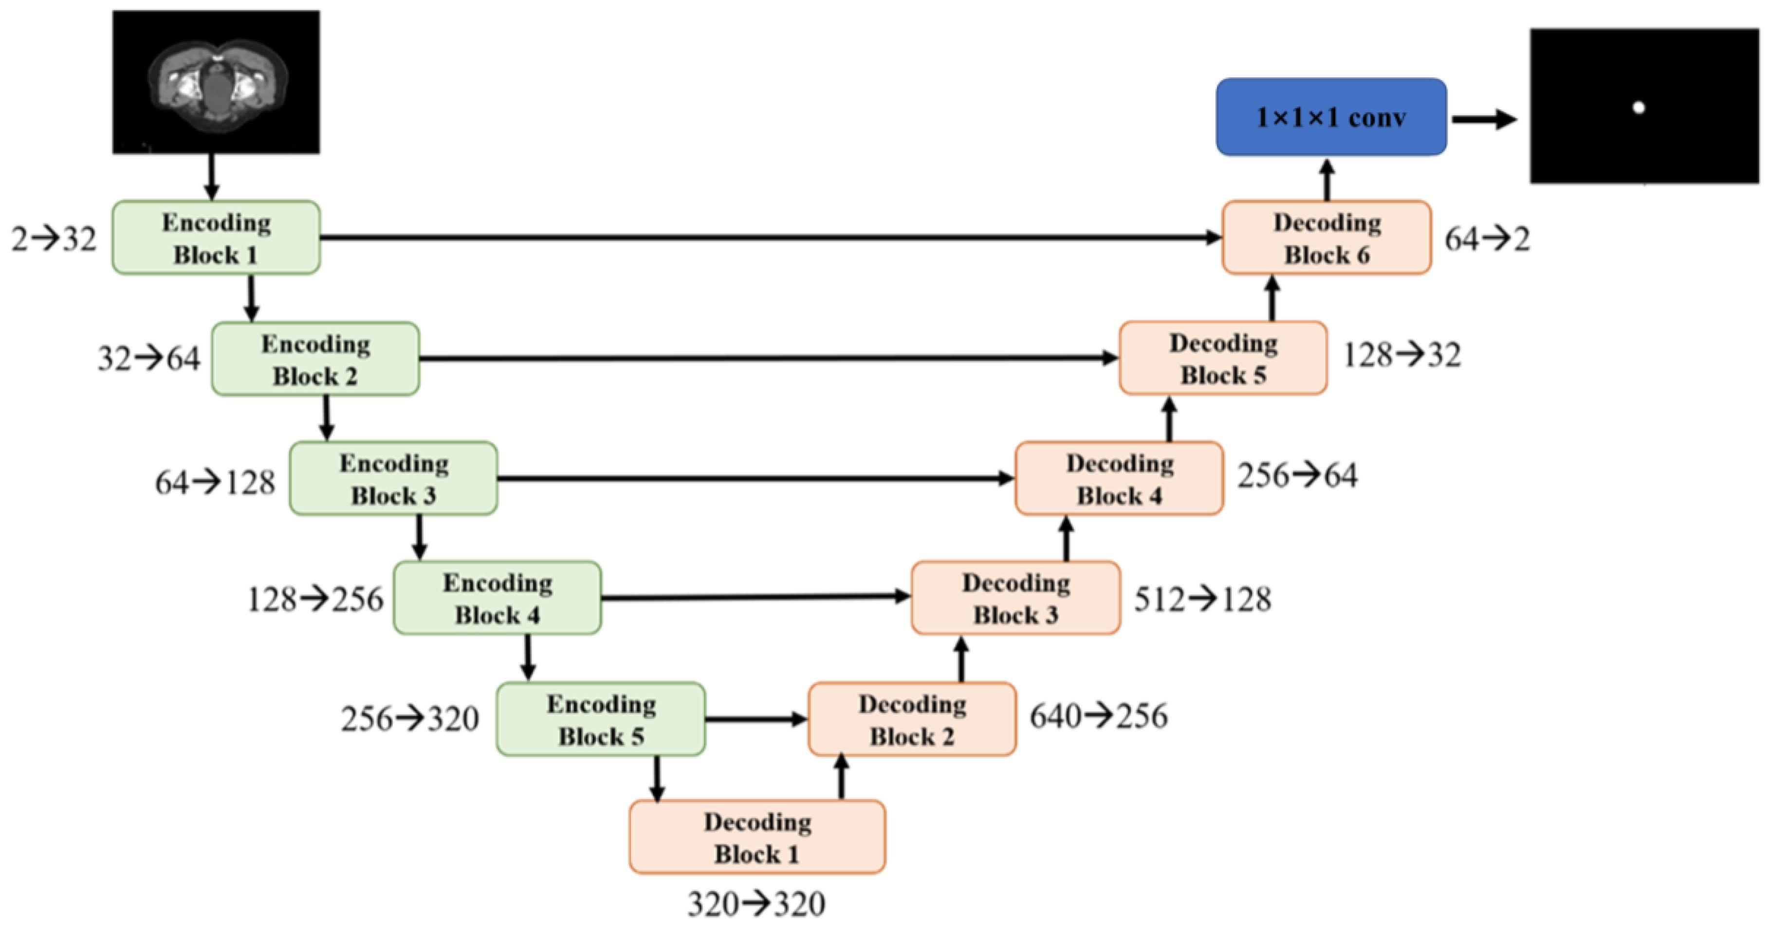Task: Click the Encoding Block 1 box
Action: pos(216,237)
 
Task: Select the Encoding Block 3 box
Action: pos(393,478)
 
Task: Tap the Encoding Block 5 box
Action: pos(601,719)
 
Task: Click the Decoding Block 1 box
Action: pos(757,837)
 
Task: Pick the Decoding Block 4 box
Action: pos(1119,478)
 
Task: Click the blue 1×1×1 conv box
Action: pos(1331,117)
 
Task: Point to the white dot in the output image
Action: pos(1639,107)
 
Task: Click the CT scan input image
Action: pos(216,82)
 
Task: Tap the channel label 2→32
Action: pos(54,239)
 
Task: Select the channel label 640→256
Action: pos(1098,716)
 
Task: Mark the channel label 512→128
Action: pos(1202,599)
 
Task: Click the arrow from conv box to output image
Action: pos(1483,119)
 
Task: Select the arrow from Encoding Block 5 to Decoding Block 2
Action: pos(756,719)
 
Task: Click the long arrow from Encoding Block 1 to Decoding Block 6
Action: pos(769,237)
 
